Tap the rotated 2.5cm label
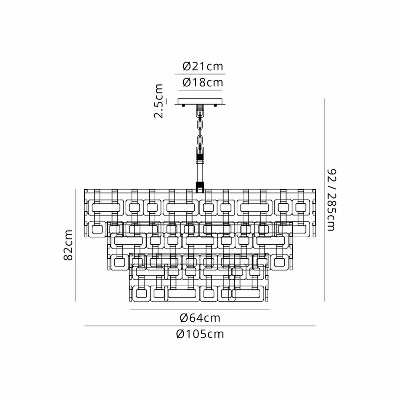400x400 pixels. [x=160, y=101]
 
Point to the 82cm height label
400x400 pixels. [x=69, y=245]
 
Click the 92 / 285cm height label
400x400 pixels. [x=332, y=200]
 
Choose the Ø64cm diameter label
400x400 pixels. [x=200, y=318]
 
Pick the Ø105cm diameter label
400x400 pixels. [x=200, y=334]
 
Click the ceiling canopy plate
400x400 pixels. [x=200, y=101]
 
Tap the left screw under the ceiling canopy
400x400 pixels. [x=183, y=105]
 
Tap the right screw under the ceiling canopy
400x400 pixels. [x=216, y=105]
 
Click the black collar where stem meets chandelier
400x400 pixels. [x=200, y=186]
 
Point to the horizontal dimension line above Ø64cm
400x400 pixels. [x=200, y=310]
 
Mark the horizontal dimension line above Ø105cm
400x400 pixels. [x=200, y=326]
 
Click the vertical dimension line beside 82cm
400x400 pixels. [x=76, y=245]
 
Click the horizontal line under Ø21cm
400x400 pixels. [x=200, y=74]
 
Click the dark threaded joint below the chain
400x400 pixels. [x=200, y=153]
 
